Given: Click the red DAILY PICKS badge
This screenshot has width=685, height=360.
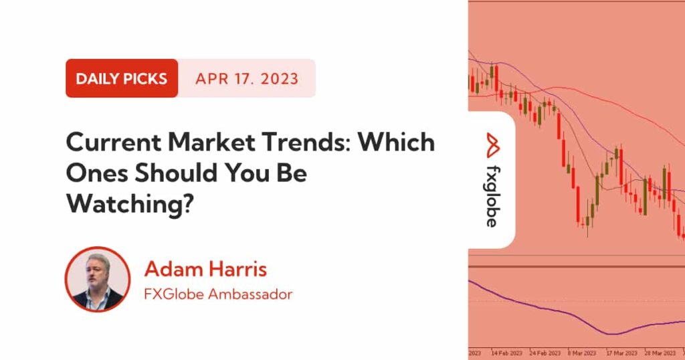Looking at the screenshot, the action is [122, 78].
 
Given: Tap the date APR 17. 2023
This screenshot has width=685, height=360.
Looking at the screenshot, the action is [247, 79].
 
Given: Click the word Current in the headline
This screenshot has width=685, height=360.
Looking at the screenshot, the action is [113, 143].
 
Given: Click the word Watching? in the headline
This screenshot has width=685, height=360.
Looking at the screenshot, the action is [130, 203].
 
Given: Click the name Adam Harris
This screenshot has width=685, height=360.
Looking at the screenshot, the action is [205, 269].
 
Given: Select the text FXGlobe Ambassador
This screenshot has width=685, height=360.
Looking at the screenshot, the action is [218, 294].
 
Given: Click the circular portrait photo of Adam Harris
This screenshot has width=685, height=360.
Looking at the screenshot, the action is [98, 279].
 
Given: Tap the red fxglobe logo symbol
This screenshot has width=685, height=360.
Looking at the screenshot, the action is [493, 145].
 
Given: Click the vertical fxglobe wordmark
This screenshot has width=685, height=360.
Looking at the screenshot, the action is [492, 197].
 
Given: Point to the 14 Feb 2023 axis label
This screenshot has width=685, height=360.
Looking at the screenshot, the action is [507, 353].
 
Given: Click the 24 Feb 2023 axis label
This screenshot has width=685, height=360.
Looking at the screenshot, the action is [545, 353].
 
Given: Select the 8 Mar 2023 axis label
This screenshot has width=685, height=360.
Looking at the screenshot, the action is [582, 353].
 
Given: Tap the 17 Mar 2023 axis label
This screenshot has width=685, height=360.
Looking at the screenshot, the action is [621, 353].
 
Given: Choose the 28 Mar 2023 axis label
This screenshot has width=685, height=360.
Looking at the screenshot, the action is [660, 353].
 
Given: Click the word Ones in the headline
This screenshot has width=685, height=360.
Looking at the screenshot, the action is [96, 173].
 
